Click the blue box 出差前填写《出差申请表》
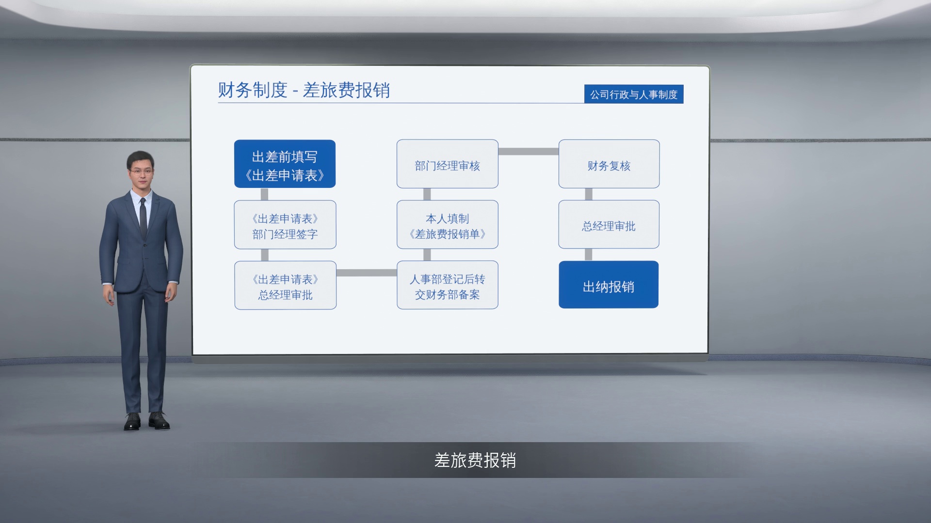(285, 164)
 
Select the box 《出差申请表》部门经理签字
(285, 225)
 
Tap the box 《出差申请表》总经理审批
(285, 285)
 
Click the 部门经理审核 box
(447, 164)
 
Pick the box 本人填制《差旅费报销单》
(447, 224)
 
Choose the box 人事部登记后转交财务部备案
(447, 285)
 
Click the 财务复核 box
(609, 164)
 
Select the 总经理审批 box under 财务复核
(609, 224)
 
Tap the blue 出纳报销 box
(609, 285)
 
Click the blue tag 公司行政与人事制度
(634, 94)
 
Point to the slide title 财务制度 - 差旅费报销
(304, 90)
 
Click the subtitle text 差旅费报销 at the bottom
(475, 460)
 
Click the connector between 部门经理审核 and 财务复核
(529, 152)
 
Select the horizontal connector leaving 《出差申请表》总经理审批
(367, 273)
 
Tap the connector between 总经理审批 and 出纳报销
(589, 255)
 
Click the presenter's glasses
(141, 171)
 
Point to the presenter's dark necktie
(143, 218)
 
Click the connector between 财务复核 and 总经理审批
(589, 194)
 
